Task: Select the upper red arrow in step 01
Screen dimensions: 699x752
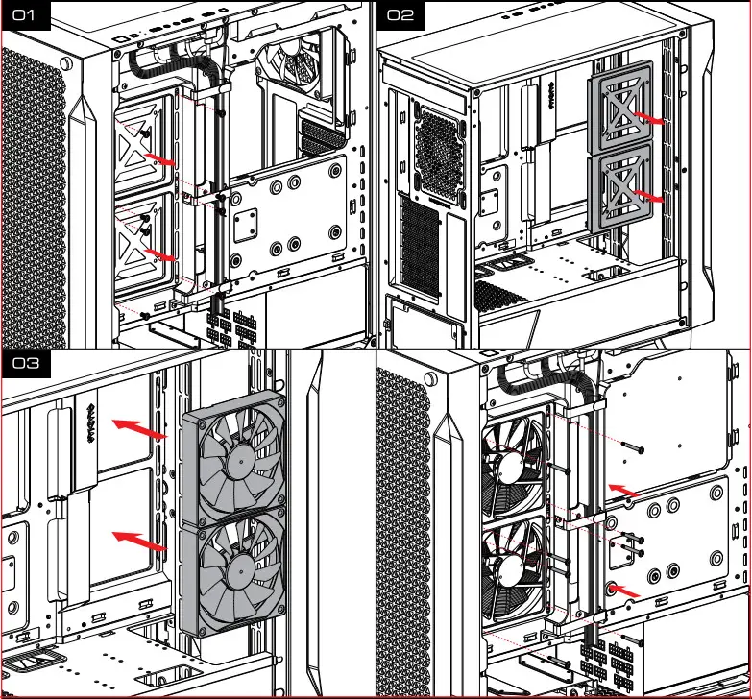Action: point(158,157)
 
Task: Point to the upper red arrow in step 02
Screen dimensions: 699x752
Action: point(651,119)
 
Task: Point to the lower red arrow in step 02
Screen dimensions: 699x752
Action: point(651,196)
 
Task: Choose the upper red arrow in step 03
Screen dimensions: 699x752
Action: point(138,427)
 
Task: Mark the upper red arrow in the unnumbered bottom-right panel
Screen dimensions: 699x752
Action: point(621,491)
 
